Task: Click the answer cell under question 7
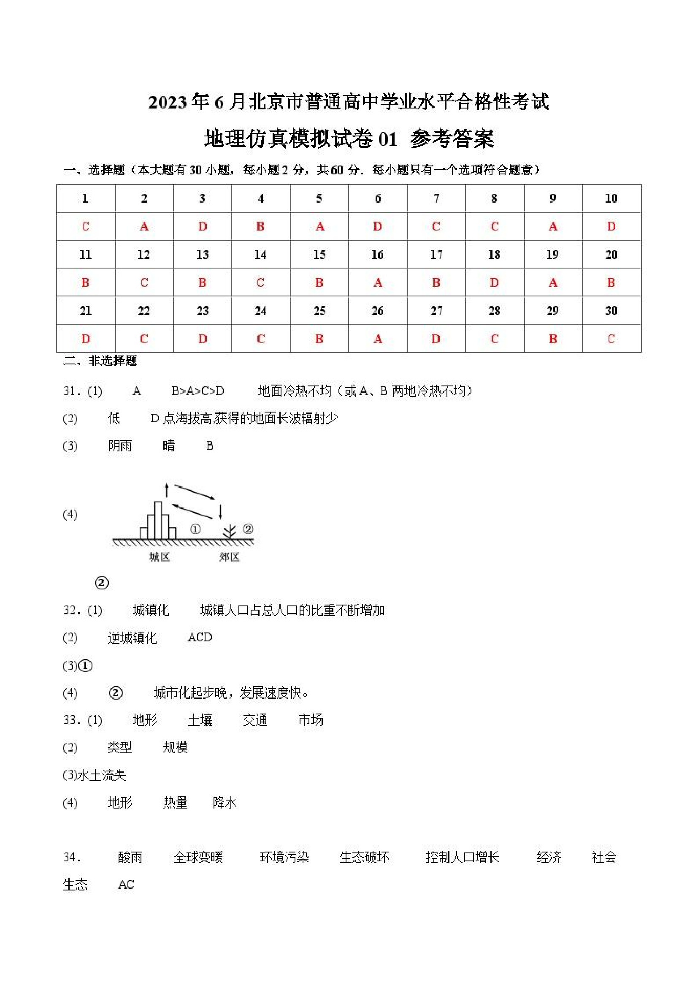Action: click(x=436, y=226)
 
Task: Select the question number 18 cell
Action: click(x=494, y=254)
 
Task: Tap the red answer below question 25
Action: click(x=319, y=339)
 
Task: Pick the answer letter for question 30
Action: click(x=611, y=339)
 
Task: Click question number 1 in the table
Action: click(x=85, y=198)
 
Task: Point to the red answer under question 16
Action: click(x=378, y=283)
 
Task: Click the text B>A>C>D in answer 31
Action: click(x=198, y=391)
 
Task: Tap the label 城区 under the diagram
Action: click(x=160, y=557)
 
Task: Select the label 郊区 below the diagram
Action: click(x=229, y=557)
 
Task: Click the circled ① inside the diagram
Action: click(x=195, y=529)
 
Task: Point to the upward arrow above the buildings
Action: click(x=167, y=490)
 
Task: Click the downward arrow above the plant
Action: click(x=220, y=511)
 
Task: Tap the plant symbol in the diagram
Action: click(x=230, y=532)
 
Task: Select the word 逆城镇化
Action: click(x=132, y=638)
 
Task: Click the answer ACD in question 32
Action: click(x=200, y=637)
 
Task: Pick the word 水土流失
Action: click(x=102, y=775)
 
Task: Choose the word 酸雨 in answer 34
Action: click(x=130, y=857)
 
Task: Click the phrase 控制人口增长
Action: click(x=463, y=857)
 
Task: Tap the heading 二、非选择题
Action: click(x=100, y=361)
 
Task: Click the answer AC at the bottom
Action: click(x=126, y=884)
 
